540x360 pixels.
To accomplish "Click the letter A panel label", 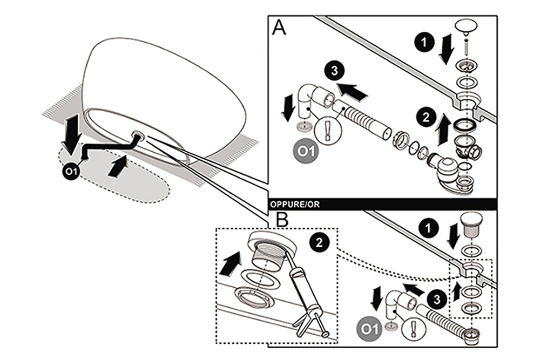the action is pos(279,28).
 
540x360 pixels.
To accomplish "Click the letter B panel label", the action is pos(282,219).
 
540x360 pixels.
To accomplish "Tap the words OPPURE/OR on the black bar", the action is pos(295,205).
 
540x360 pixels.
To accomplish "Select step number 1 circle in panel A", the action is pos(424,42).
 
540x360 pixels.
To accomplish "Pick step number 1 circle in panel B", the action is pos(428,228).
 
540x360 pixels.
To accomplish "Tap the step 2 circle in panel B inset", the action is pos(319,243).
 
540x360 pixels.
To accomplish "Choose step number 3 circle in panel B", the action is pos(437,299).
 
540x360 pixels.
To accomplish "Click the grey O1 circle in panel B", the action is pos(370,329).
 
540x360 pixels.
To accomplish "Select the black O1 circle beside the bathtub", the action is pos(71,171).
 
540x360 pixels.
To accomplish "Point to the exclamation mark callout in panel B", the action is pos(413,329).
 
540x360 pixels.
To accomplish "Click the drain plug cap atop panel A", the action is pos(467,27).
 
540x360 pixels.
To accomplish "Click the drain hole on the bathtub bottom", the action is pos(138,134).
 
